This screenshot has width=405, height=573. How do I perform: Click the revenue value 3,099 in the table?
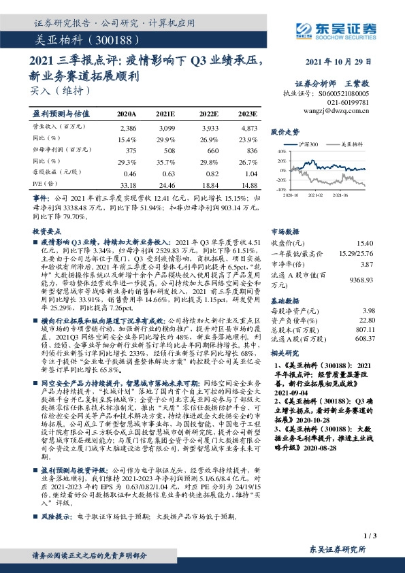click(x=166, y=128)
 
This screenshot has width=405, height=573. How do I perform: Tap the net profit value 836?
click(x=251, y=150)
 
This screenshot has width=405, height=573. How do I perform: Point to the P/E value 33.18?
click(x=127, y=184)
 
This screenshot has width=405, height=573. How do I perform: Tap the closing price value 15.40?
click(x=366, y=242)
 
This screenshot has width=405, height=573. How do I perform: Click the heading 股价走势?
click(x=285, y=130)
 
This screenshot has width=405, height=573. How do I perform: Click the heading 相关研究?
click(x=285, y=353)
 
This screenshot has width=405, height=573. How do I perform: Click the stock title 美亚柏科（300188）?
click(x=76, y=39)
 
